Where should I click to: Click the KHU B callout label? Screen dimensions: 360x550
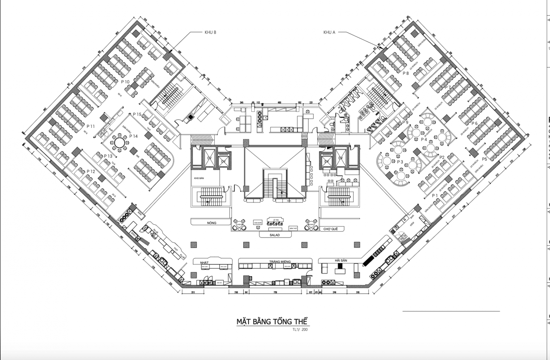click(210, 32)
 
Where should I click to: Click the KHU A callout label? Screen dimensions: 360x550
click(329, 32)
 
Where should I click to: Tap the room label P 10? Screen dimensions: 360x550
click(125, 82)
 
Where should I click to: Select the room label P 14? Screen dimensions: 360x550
click(133, 136)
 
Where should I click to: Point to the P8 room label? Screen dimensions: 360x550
click(406, 73)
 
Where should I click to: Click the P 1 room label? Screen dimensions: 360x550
click(435, 195)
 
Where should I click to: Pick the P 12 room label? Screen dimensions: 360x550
click(91, 171)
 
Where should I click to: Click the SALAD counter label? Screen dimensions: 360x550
click(275, 235)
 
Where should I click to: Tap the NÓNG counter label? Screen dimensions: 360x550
click(212, 223)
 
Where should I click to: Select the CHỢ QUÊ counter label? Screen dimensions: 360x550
click(330, 229)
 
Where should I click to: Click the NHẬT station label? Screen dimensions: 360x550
click(204, 262)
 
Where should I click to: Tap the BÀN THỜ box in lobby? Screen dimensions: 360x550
click(293, 228)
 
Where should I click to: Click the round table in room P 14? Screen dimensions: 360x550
click(119, 142)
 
